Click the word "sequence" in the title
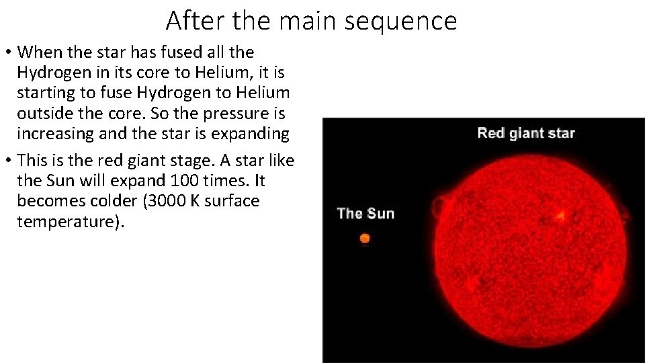400,21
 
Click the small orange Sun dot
365,238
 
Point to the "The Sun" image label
365,214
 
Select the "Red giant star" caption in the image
525,132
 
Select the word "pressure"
205,112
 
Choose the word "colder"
97,201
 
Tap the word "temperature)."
71,221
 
